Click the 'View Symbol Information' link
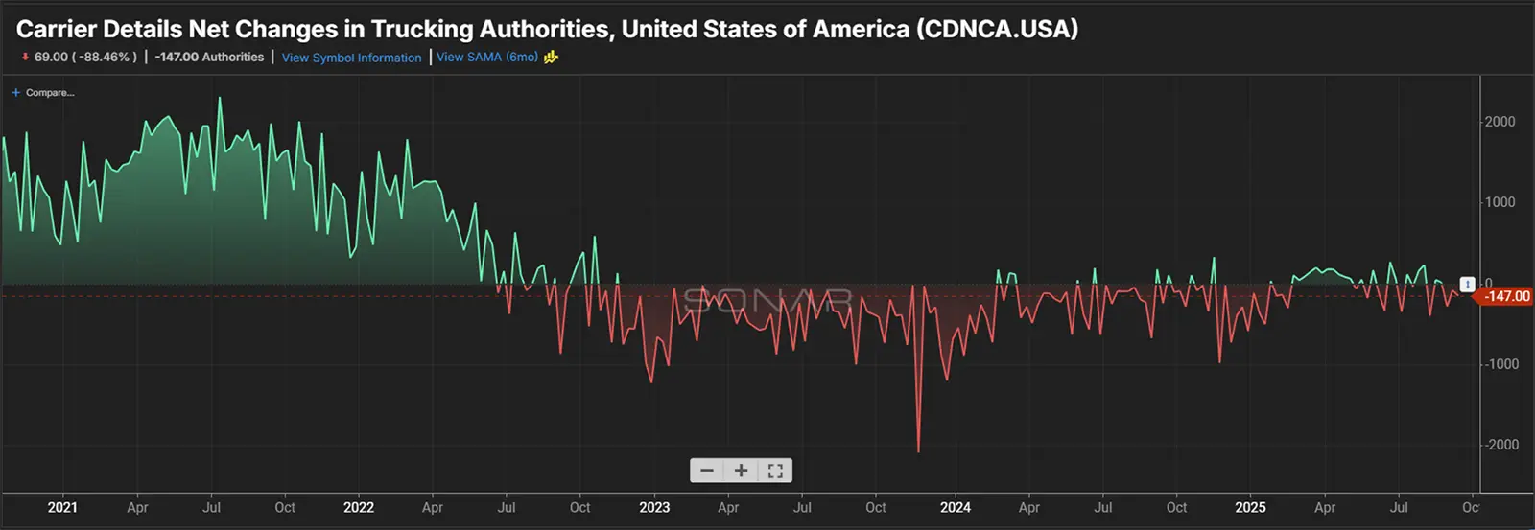click(x=351, y=58)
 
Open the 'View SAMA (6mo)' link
click(x=487, y=58)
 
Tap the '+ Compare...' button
click(x=43, y=93)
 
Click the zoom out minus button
click(x=707, y=471)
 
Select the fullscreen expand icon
click(x=775, y=471)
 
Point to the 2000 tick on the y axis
click(x=1500, y=122)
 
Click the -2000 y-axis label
click(x=1501, y=445)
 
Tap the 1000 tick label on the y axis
click(x=1500, y=202)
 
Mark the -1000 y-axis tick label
click(x=1501, y=364)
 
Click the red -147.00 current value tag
click(x=1506, y=297)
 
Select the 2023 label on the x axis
click(x=654, y=508)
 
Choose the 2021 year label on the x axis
click(x=62, y=508)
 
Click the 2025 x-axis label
click(x=1250, y=508)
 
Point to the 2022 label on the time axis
click(x=359, y=508)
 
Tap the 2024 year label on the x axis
click(x=955, y=508)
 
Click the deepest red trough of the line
click(x=918, y=450)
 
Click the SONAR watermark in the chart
click(x=767, y=300)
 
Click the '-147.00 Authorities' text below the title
click(x=209, y=58)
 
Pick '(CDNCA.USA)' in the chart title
click(x=997, y=29)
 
